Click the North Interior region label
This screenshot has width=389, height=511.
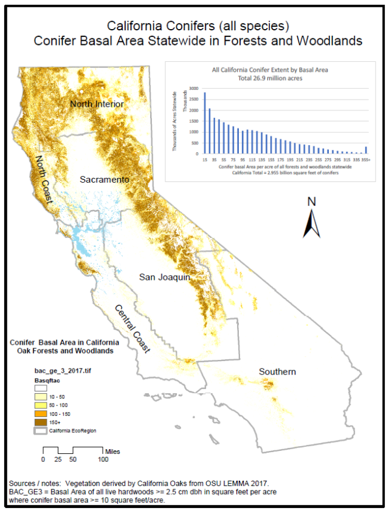coord(97,104)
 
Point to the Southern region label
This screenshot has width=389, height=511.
coord(277,371)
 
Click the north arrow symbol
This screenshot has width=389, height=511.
coord(312,224)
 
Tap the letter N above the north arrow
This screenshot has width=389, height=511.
coord(312,201)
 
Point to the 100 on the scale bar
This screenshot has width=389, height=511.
coord(103,459)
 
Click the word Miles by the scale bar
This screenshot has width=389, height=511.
coord(112,451)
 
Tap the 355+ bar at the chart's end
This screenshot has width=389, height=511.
coord(366,150)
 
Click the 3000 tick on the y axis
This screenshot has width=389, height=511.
coord(193,89)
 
